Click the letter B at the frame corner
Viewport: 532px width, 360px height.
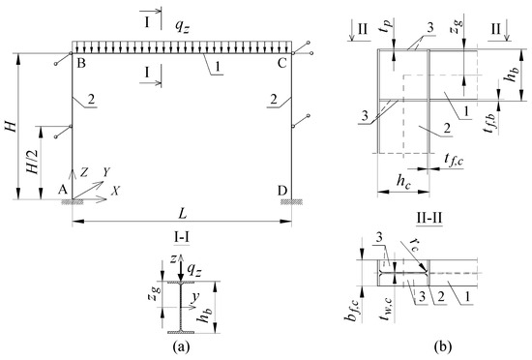pos(80,63)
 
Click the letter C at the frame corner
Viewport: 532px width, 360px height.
pos(281,63)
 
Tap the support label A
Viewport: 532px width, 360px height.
pos(62,190)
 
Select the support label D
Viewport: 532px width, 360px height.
pos(282,191)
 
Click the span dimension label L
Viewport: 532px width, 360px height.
pos(183,215)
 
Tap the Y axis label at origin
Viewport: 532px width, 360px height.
pos(106,172)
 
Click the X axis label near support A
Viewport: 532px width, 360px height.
pos(116,191)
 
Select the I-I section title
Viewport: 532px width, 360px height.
pos(182,237)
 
